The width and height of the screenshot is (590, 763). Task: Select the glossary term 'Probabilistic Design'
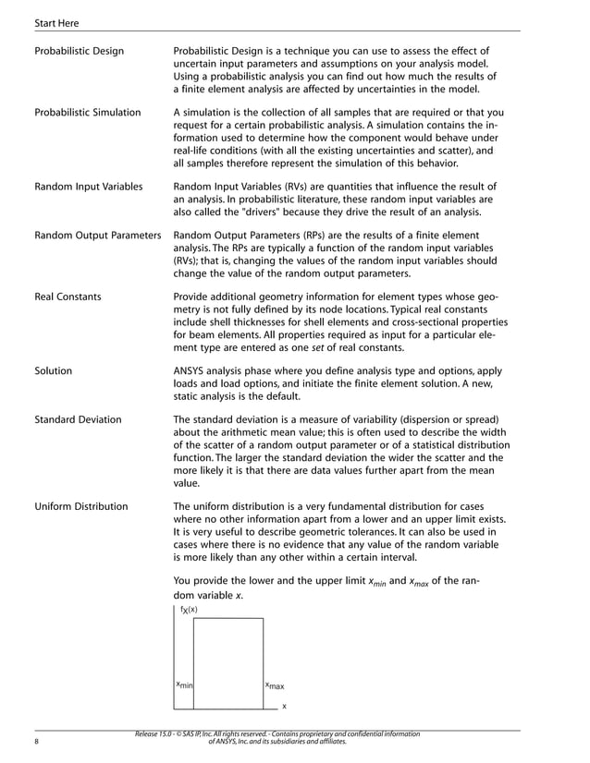coord(79,50)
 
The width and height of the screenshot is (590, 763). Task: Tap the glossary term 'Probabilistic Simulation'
coord(87,113)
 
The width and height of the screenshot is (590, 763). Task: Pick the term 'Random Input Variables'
coord(88,187)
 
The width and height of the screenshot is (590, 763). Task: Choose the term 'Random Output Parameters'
coord(97,236)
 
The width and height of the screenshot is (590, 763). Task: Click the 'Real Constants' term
coord(68,297)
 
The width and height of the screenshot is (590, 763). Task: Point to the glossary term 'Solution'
coord(53,370)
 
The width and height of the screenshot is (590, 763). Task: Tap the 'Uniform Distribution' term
coord(80,506)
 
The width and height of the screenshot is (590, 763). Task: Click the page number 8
coord(36,742)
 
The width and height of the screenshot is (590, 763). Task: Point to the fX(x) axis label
coord(189,610)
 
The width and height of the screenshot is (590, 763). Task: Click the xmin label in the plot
coord(184,685)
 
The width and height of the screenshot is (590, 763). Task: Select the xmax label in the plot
coord(275,685)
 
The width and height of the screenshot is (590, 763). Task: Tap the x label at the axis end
coord(284,706)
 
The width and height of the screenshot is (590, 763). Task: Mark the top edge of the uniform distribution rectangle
coord(228,619)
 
